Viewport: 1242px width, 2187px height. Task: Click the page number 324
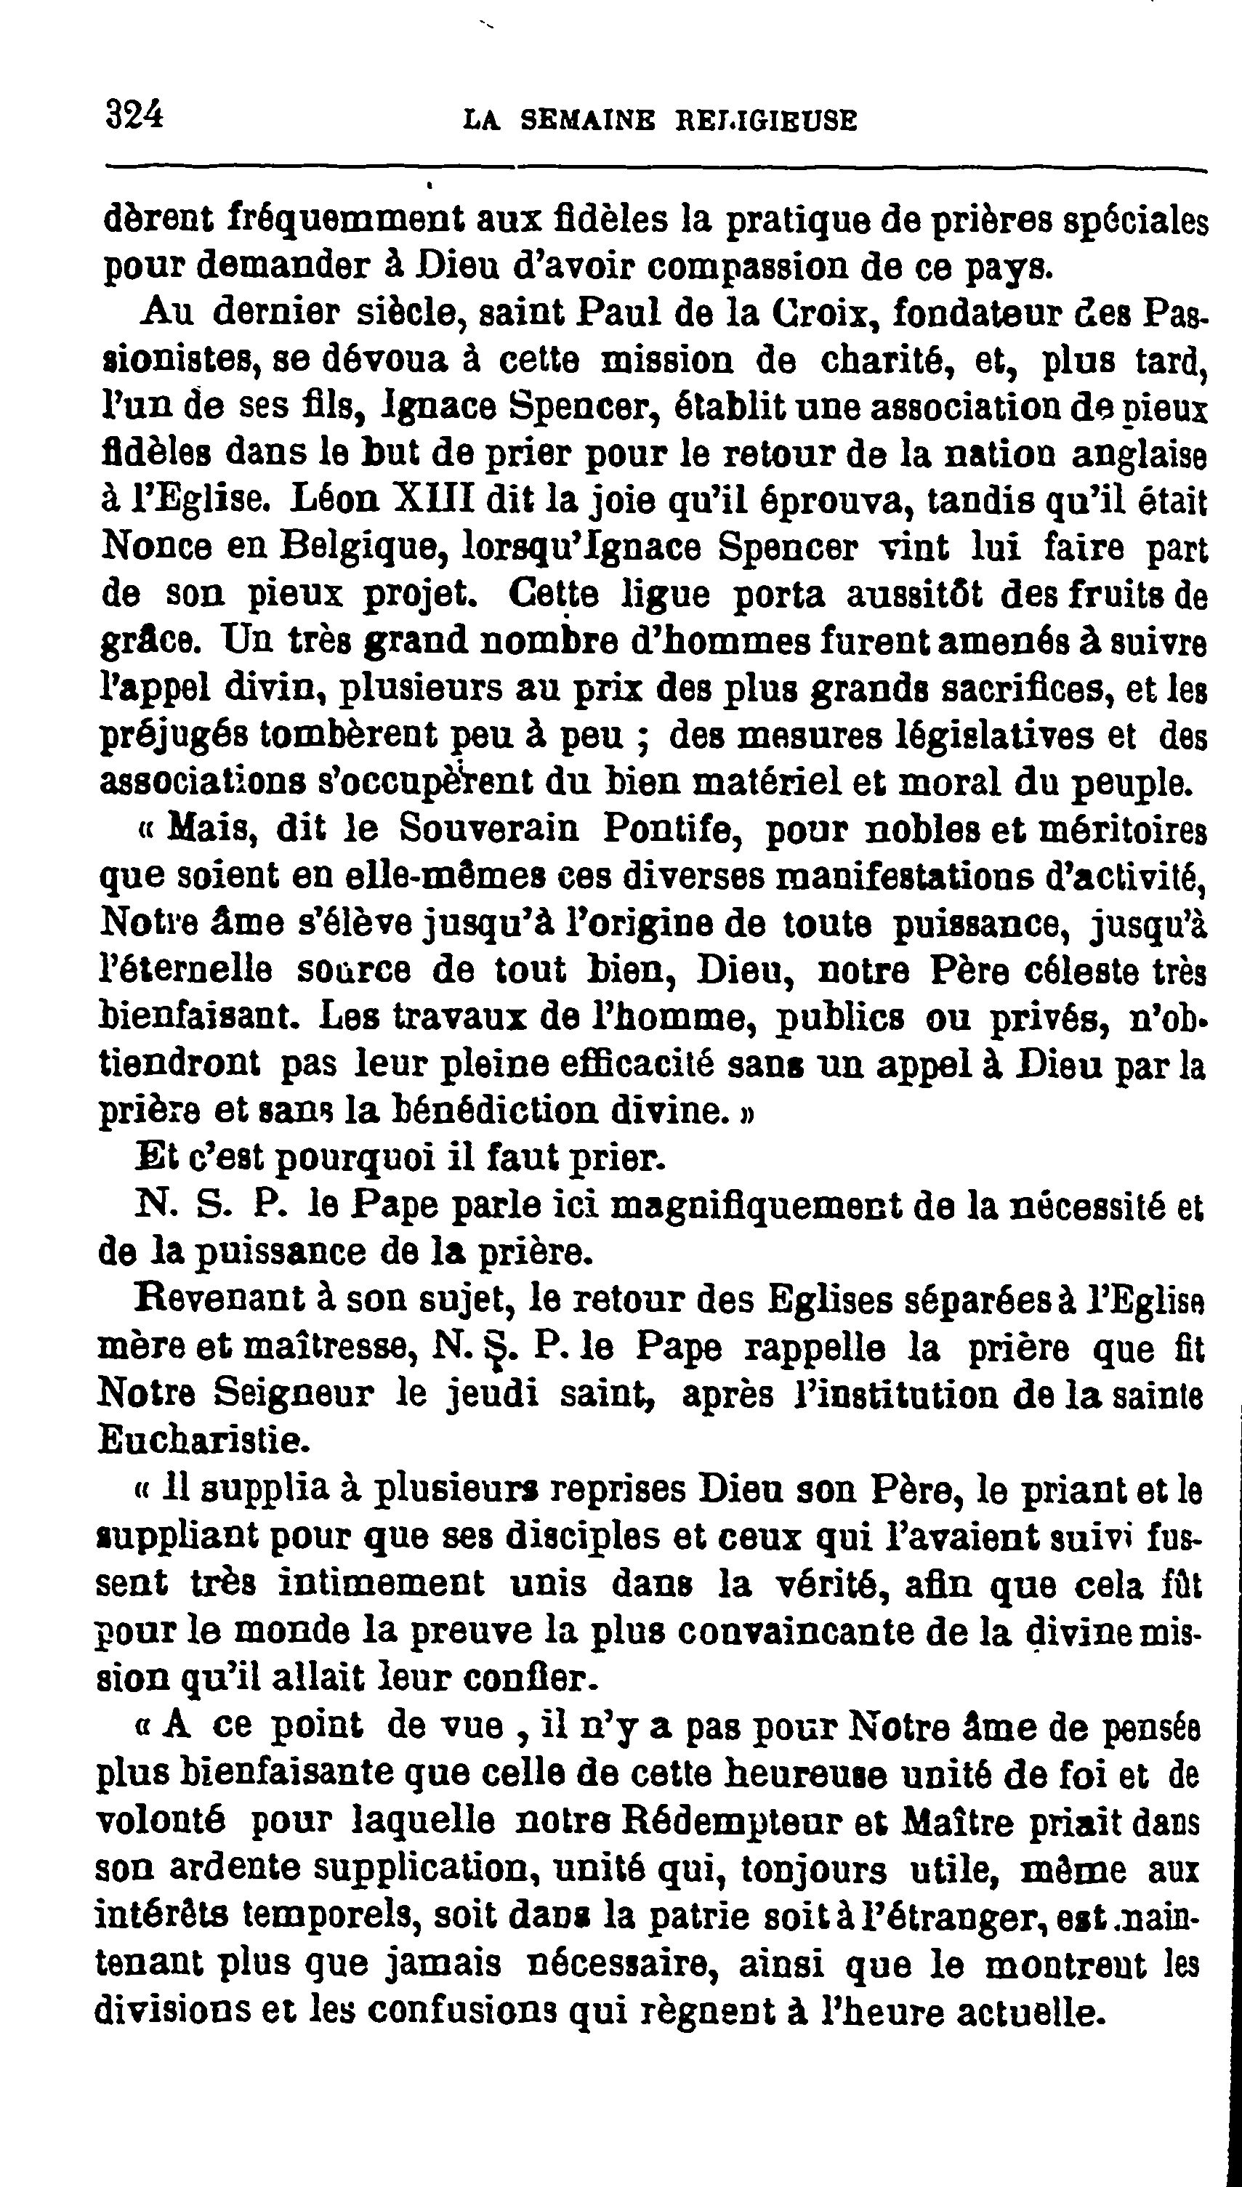(x=134, y=113)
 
